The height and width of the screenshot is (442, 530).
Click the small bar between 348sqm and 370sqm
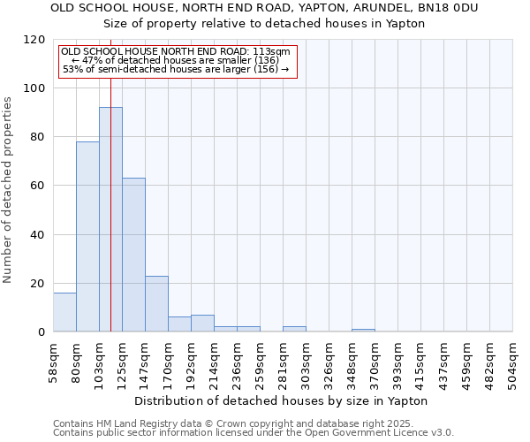pos(363,330)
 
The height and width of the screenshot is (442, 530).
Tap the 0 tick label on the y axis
pos(42,332)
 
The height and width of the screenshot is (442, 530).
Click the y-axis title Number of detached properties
pos(8,190)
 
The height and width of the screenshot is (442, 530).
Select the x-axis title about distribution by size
pos(282,400)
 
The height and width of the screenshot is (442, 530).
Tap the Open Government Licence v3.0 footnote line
pos(254,433)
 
